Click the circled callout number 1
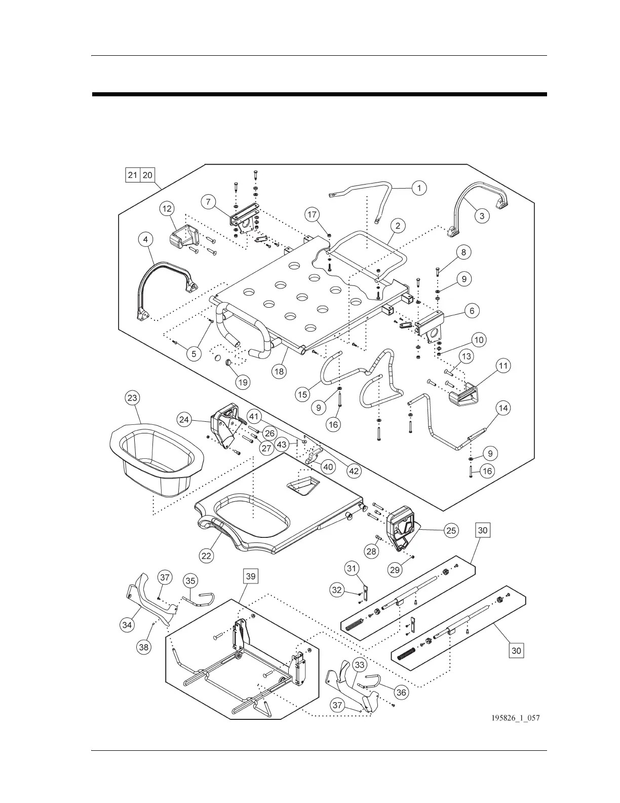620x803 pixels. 419,188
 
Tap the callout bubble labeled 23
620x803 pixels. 132,398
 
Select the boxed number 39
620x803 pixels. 251,576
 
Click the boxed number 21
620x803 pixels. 133,175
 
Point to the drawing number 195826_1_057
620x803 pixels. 515,718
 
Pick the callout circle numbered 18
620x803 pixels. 279,371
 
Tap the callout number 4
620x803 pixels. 145,239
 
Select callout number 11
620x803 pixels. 503,366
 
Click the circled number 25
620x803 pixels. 451,530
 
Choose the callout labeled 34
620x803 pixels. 127,625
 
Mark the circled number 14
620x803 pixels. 503,408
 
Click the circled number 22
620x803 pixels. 206,556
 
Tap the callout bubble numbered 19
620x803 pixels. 243,382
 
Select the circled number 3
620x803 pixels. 482,216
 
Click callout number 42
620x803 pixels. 354,470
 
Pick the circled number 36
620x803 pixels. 401,692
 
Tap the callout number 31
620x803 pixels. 353,569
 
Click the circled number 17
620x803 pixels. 313,214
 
